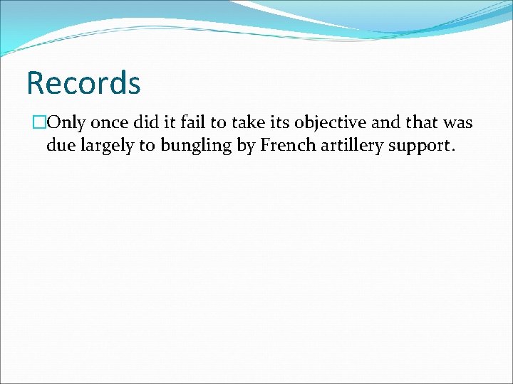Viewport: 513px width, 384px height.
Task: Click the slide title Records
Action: tap(83, 82)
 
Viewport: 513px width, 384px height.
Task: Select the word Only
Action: tap(66, 122)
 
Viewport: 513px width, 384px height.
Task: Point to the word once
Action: tap(113, 122)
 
